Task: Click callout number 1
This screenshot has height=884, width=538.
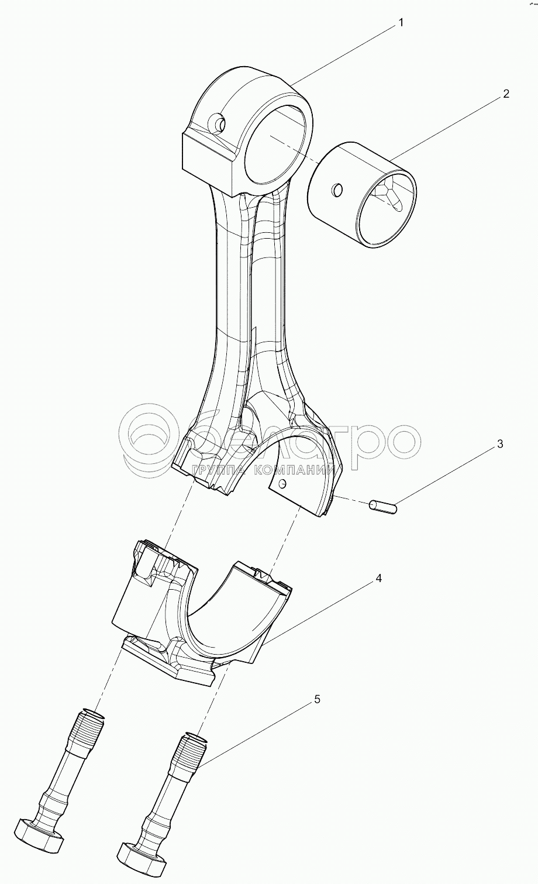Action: click(x=401, y=23)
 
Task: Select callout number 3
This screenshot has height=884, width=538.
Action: click(x=499, y=444)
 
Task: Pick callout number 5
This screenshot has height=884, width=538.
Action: click(x=317, y=699)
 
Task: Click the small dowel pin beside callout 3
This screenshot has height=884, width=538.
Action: click(x=383, y=506)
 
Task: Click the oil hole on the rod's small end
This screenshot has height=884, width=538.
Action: click(x=220, y=124)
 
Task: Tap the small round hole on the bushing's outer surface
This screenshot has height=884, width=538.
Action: click(x=337, y=190)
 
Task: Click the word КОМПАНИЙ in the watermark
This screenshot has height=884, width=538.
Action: click(x=298, y=469)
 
